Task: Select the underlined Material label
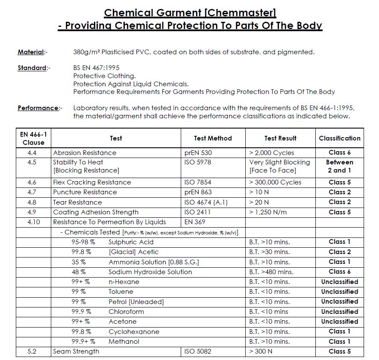point(31,52)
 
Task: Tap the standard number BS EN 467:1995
point(96,68)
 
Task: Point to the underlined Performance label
point(38,108)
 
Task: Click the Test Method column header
point(213,138)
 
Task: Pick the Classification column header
point(340,138)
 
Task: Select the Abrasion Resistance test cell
point(85,152)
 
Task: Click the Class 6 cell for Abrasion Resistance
point(340,152)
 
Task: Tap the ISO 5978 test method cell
point(198,162)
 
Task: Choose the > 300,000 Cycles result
point(275,182)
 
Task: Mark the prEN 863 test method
point(198,192)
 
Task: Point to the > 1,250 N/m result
point(268,212)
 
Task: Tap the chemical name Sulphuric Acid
point(131,242)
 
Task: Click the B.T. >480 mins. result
point(271,272)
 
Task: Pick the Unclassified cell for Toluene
point(340,292)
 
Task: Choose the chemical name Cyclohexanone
point(134,332)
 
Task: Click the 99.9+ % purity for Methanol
point(83,342)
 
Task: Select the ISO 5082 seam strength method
point(198,351)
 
